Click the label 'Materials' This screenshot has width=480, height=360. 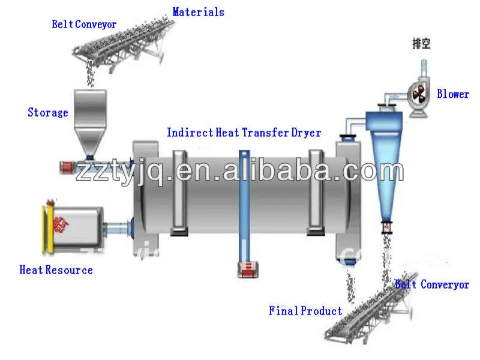click(198, 11)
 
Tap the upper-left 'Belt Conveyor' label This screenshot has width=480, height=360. click(84, 24)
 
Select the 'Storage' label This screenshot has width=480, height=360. click(48, 112)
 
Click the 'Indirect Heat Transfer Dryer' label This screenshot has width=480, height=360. click(244, 132)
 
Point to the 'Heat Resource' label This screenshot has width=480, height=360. click(56, 270)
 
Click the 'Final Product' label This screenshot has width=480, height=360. click(305, 310)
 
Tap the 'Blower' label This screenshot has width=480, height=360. click(453, 94)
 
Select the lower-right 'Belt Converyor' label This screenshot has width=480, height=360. click(432, 284)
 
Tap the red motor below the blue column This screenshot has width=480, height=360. click(247, 271)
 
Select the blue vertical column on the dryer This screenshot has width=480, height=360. click(244, 204)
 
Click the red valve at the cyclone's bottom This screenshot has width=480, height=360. click(386, 227)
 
